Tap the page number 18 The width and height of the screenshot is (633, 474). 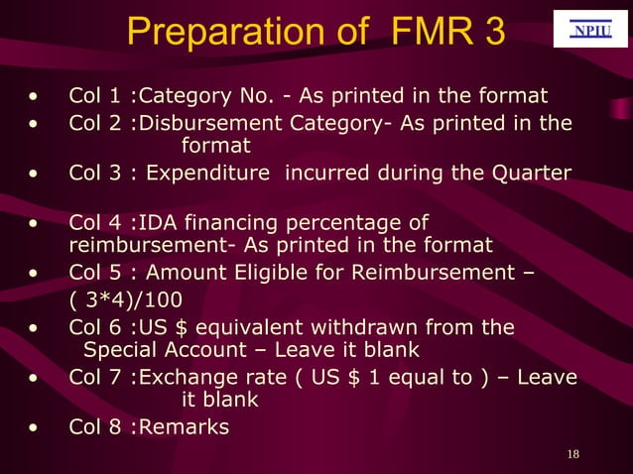coord(571,454)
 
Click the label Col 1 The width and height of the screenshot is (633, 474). coord(97,96)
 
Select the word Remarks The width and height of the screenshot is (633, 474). coord(187,427)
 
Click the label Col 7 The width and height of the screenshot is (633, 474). coord(97,378)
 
